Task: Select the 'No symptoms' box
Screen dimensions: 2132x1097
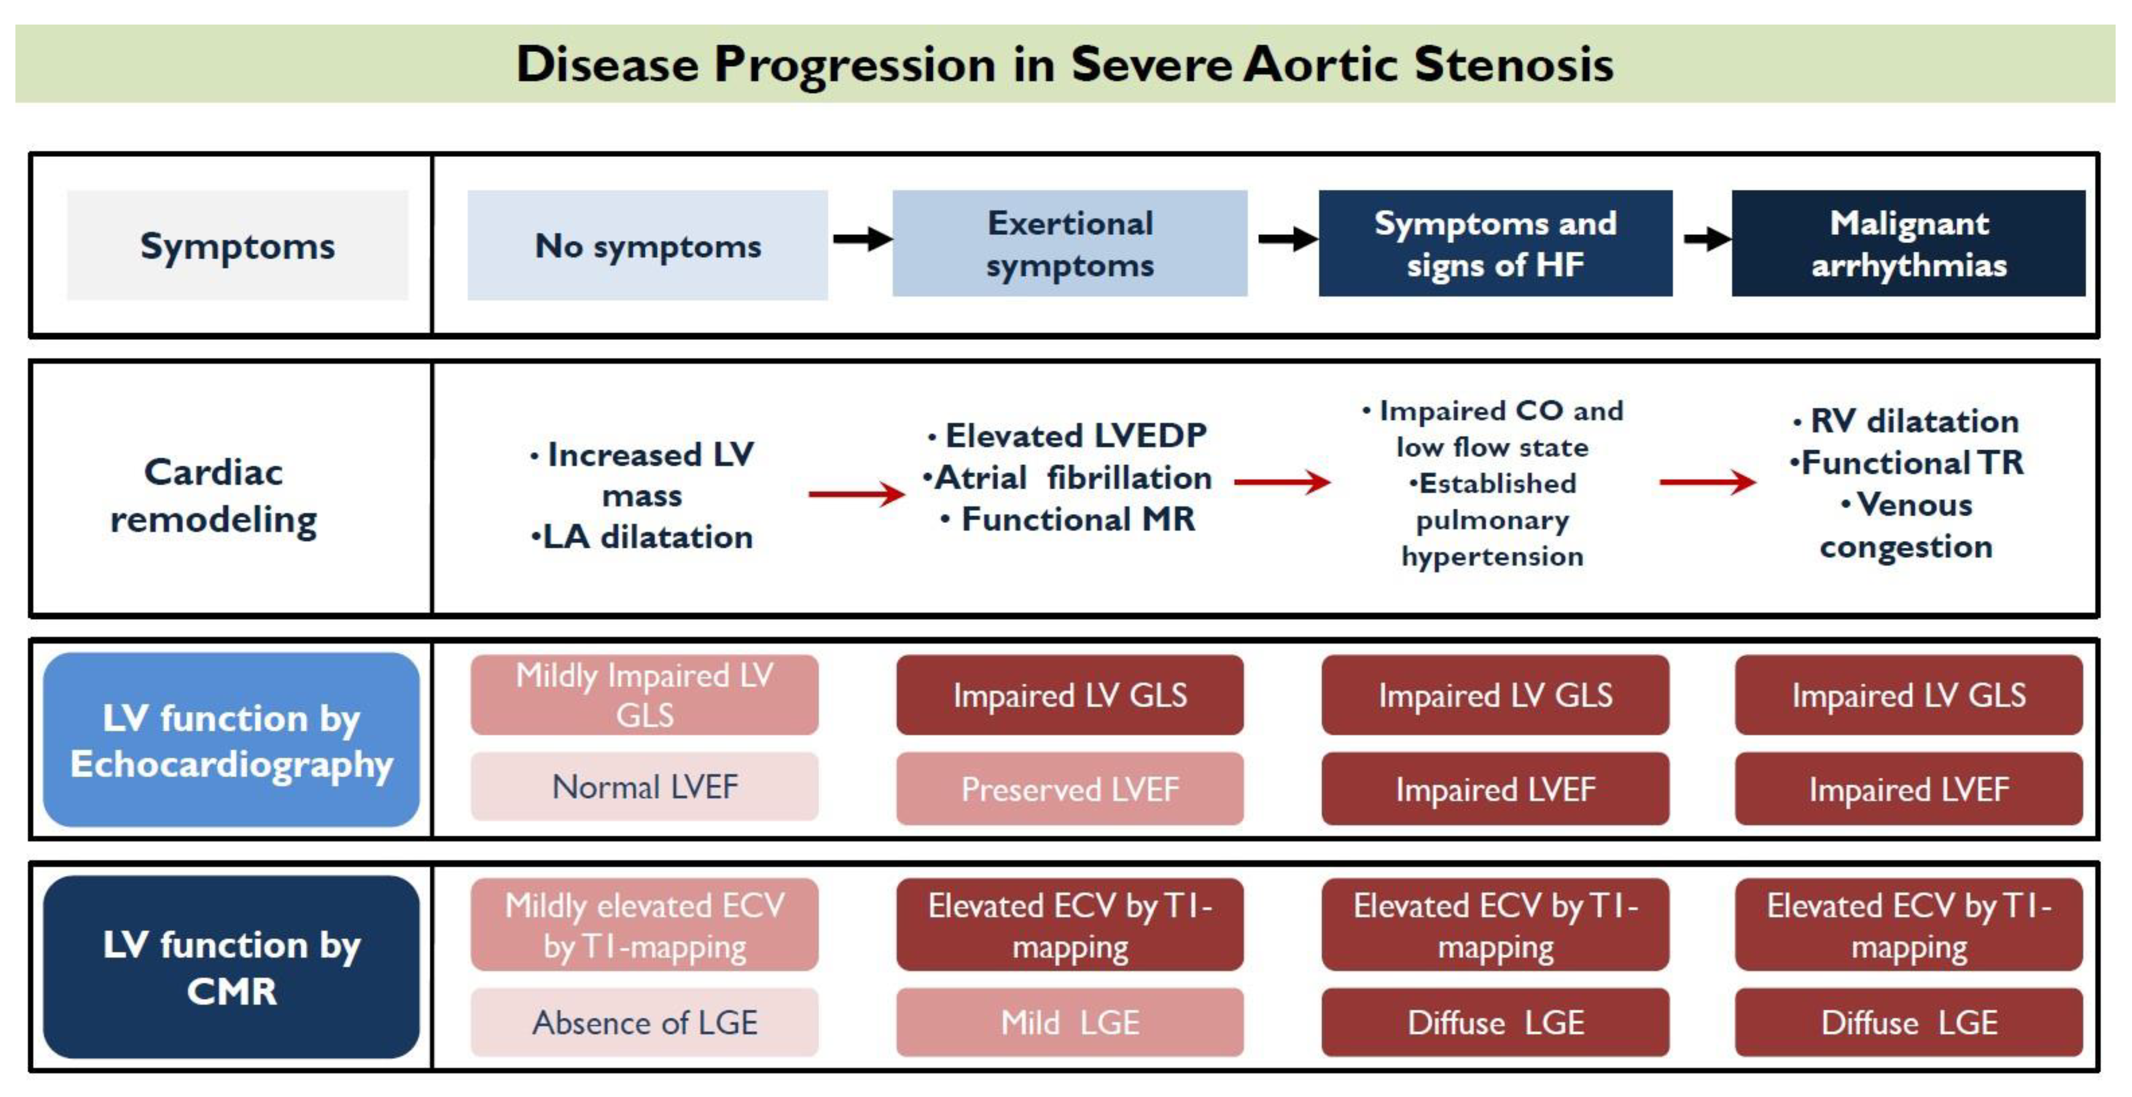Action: pos(647,245)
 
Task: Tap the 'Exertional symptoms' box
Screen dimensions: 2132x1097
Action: pos(1069,243)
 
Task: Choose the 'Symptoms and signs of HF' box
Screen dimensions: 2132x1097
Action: pos(1495,243)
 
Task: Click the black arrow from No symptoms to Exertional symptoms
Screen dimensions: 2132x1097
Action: pos(861,239)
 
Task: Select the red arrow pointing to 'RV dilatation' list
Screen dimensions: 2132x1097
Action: pos(1706,482)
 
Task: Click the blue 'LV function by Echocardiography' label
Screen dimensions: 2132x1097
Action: pos(231,740)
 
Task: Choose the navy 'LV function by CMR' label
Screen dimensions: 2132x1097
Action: pos(231,967)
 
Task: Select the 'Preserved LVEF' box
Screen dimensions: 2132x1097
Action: pos(1069,789)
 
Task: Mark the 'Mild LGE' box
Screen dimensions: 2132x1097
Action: pos(1069,1022)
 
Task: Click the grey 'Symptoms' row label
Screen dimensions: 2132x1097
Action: pos(237,246)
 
